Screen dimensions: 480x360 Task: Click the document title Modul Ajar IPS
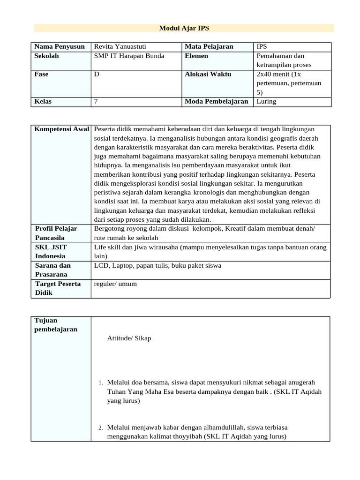coord(184,28)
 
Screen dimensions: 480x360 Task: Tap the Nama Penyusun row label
coord(60,47)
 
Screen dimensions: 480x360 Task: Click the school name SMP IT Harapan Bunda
coord(129,56)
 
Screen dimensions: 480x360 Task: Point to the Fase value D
coord(97,74)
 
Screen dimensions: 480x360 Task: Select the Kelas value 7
coord(96,101)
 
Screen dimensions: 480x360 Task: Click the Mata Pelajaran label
coord(209,47)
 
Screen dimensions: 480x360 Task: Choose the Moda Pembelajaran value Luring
coord(266,101)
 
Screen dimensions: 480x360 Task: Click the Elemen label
coord(196,56)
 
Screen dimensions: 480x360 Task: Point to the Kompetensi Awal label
coord(62,129)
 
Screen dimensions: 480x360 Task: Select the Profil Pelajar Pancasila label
coord(56,233)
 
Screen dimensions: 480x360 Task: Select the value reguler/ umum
coord(115,284)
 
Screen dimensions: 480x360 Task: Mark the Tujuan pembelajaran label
coord(56,324)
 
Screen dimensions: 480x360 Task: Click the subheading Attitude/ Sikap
coord(129,338)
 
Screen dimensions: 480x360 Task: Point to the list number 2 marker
coord(100,428)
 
